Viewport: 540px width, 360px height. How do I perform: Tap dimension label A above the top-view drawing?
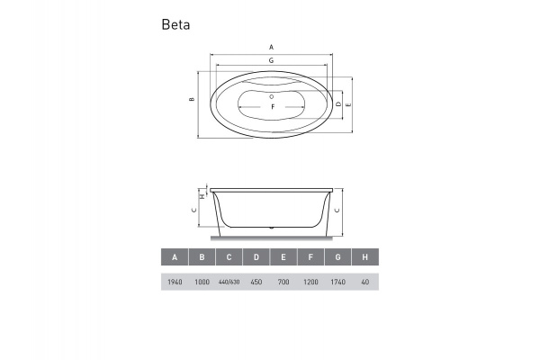click(x=271, y=46)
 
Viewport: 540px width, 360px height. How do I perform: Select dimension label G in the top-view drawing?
click(x=271, y=60)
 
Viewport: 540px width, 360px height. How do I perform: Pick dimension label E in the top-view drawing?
click(x=348, y=104)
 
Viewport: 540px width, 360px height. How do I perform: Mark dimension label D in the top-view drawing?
click(x=337, y=104)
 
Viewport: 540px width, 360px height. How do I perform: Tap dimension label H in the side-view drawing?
click(x=202, y=195)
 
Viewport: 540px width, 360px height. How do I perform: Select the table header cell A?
click(x=175, y=257)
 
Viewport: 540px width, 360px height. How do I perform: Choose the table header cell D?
click(x=256, y=257)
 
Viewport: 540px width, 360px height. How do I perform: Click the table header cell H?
click(x=364, y=257)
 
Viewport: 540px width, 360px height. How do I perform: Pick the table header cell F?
click(x=310, y=257)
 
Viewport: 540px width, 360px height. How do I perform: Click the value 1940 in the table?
click(x=175, y=283)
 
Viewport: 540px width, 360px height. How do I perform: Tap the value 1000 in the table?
click(x=202, y=283)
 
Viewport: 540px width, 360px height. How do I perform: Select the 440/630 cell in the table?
click(x=229, y=283)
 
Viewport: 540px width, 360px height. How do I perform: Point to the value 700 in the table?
click(x=283, y=283)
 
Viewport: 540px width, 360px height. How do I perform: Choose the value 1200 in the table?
click(x=310, y=283)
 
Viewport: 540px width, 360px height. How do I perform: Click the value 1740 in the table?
click(x=337, y=283)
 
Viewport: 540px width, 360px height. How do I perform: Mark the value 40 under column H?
click(x=364, y=283)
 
